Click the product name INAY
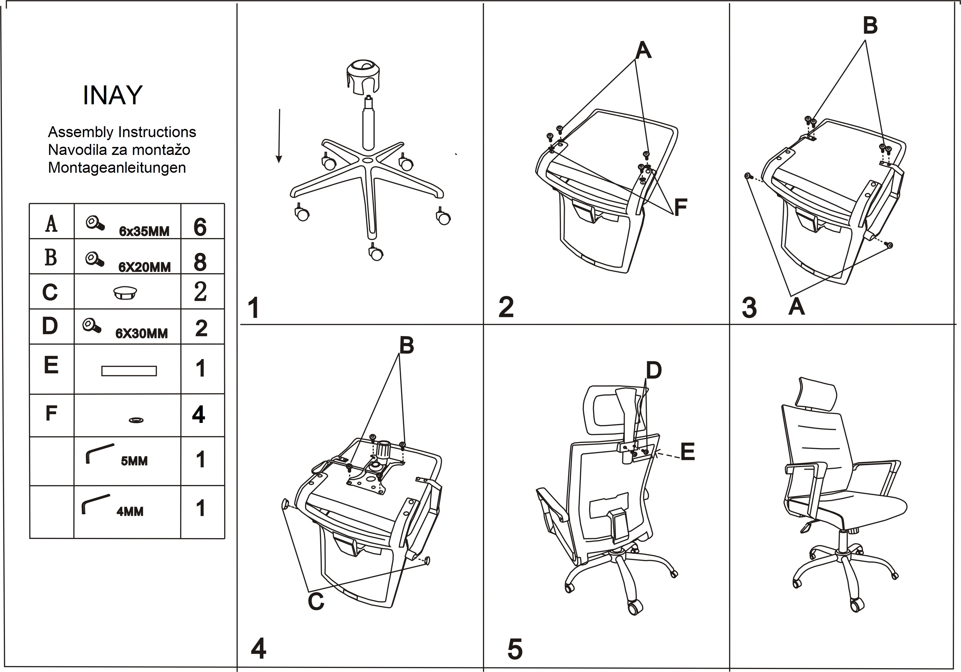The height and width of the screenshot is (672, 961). click(x=112, y=96)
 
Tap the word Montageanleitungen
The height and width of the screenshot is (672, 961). click(x=117, y=168)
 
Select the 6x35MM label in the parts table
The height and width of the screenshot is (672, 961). click(x=144, y=231)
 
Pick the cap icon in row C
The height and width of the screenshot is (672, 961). click(x=125, y=292)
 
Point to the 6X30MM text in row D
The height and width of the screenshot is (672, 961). click(x=141, y=333)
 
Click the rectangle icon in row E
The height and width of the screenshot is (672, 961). click(x=129, y=371)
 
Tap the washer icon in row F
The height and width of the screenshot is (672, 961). click(x=136, y=420)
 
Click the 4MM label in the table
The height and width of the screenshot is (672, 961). click(x=130, y=511)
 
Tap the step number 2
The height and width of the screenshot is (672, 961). click(x=506, y=307)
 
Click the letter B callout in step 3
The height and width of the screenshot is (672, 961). click(x=870, y=25)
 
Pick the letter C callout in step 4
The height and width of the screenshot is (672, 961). click(x=316, y=601)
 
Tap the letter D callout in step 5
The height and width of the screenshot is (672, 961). click(x=653, y=370)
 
